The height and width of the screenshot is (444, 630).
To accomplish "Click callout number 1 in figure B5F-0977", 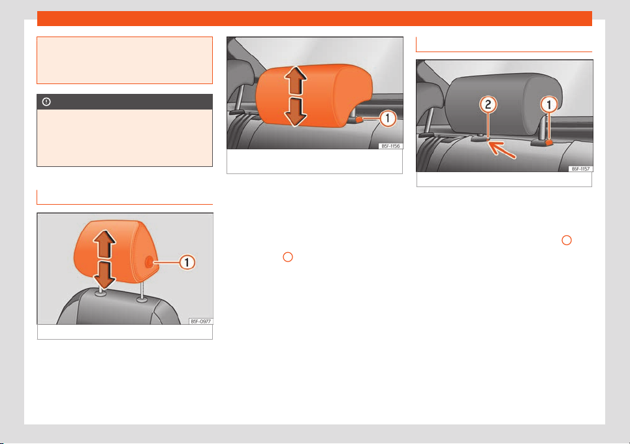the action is tap(187, 262).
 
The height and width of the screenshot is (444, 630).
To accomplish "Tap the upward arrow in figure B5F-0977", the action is tap(104, 244).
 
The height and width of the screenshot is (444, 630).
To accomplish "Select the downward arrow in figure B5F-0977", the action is tap(104, 274).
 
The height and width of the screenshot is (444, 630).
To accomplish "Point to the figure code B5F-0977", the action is tap(200, 321).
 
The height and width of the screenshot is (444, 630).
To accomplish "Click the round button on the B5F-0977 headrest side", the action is tap(148, 262).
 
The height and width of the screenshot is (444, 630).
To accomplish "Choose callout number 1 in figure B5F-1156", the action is tap(388, 118).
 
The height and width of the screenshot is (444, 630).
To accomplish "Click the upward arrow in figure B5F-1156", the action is tap(296, 81).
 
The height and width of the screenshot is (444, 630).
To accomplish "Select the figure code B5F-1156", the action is tap(390, 146).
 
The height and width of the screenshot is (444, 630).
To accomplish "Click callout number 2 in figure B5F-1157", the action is tap(488, 105).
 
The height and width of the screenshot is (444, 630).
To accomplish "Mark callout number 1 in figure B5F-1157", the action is tap(549, 105).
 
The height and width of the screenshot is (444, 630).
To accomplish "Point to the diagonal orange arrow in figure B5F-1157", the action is tap(501, 150).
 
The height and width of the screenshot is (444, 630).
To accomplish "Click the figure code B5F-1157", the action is tap(581, 169).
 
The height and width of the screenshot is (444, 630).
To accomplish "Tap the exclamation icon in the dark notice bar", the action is tap(46, 102).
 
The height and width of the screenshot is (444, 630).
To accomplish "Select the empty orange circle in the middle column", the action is tap(288, 257).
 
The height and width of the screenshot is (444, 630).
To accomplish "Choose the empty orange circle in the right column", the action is tap(567, 240).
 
